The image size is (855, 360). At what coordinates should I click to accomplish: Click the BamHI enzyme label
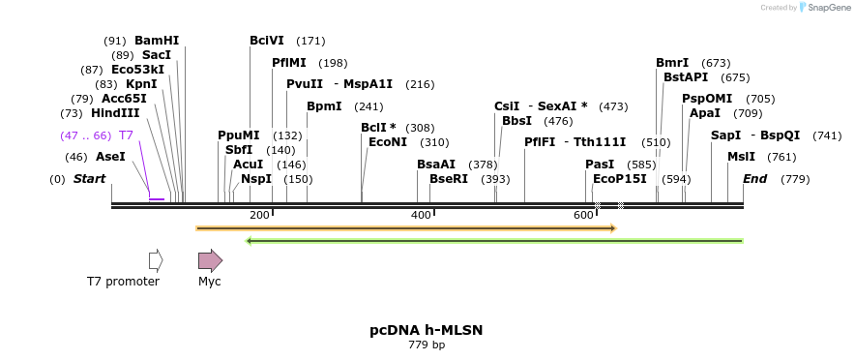point(157,41)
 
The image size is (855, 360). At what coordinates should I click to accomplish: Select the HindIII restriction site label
point(115,113)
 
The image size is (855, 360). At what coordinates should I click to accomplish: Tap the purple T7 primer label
point(126,135)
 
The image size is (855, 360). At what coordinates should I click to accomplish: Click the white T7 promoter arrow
point(156,260)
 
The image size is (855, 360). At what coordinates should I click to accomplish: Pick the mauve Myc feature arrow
point(210,260)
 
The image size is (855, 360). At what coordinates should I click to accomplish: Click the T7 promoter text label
point(123,282)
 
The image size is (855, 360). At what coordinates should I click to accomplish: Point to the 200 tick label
point(259,214)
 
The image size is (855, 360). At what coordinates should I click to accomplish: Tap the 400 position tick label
point(421,214)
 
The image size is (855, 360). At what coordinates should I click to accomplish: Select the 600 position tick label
point(583,214)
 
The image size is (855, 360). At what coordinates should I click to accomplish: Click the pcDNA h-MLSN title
point(427,330)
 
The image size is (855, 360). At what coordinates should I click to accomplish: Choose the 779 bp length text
point(427,345)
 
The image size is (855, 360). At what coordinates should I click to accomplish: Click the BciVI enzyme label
point(267,41)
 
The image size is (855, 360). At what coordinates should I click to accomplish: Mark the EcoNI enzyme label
point(388,142)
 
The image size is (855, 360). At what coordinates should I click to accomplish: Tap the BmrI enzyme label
point(673,63)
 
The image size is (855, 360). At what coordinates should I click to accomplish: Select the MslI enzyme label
point(741,157)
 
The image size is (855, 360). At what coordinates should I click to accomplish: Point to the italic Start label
point(89,179)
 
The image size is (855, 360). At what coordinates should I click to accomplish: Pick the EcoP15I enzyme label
point(620,179)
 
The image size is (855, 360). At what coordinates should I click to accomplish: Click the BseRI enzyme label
point(449,179)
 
